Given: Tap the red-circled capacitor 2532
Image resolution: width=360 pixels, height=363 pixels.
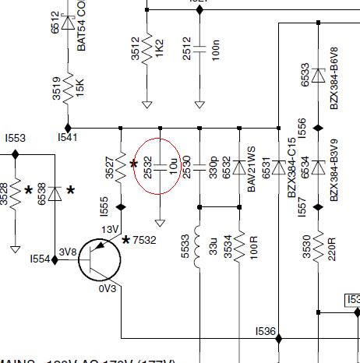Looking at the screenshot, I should (159, 166).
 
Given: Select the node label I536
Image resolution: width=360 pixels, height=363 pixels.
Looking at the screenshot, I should (266, 331).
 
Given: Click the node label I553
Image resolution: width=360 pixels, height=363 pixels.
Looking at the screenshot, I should (14, 138).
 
